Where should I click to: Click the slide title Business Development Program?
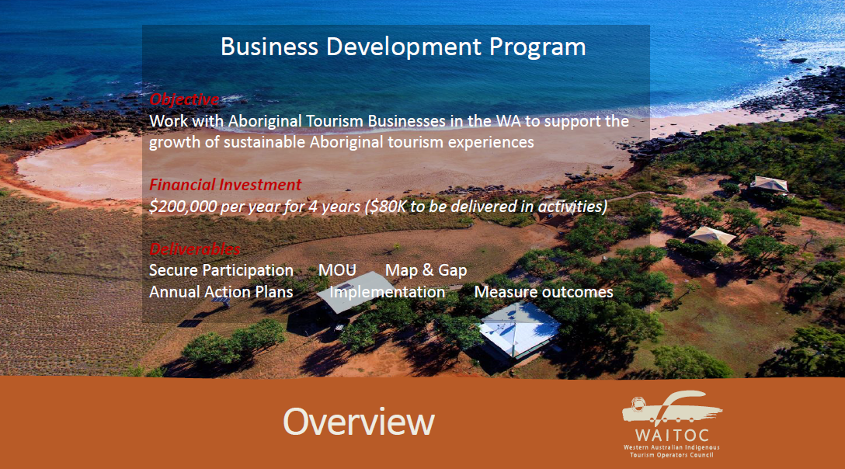pos(403,47)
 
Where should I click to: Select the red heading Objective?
pos(184,99)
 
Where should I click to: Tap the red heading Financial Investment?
pos(225,185)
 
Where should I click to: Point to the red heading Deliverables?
pos(194,249)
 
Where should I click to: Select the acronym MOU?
pos(337,270)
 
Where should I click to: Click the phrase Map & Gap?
pos(426,270)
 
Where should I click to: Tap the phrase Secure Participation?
pos(221,270)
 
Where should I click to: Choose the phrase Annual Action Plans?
pos(221,292)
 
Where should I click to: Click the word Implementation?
pos(388,292)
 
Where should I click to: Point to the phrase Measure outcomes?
pos(544,292)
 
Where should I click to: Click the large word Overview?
pos(358,421)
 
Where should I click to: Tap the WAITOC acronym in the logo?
pos(672,436)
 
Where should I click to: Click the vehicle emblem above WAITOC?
pos(672,408)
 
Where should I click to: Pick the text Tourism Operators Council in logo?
pos(672,455)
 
